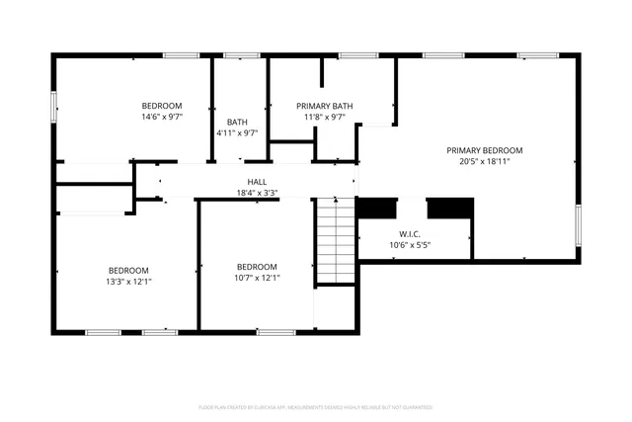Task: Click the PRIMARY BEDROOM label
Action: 484,150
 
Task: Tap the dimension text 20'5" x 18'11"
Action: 484,162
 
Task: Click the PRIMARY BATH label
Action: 325,106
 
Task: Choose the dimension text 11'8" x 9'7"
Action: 325,118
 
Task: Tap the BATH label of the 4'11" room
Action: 237,123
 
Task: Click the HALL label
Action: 257,182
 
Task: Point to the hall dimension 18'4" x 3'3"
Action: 257,194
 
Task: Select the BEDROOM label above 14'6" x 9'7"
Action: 162,106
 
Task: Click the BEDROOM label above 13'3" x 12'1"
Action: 128,270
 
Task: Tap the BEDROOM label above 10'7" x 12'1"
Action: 257,266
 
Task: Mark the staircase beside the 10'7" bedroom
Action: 335,241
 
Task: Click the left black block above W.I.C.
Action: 374,208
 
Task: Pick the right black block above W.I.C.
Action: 449,208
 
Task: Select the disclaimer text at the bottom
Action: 315,407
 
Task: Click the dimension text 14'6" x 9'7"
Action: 162,118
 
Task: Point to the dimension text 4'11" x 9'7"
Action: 237,133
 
